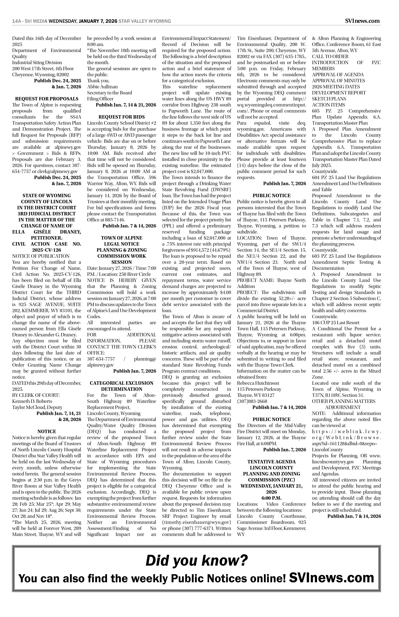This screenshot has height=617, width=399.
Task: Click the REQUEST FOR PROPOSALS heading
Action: pyautogui.click(x=47, y=99)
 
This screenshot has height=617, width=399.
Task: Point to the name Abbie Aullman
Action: pyautogui.click(x=102, y=87)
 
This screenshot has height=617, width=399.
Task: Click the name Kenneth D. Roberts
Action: pyautogui.click(x=32, y=401)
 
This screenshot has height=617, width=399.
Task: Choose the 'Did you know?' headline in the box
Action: pyautogui.click(x=196, y=561)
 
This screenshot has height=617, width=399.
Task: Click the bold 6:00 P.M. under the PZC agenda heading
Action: pyautogui.click(x=271, y=498)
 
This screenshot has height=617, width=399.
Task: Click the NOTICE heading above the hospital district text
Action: pyautogui.click(x=47, y=432)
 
